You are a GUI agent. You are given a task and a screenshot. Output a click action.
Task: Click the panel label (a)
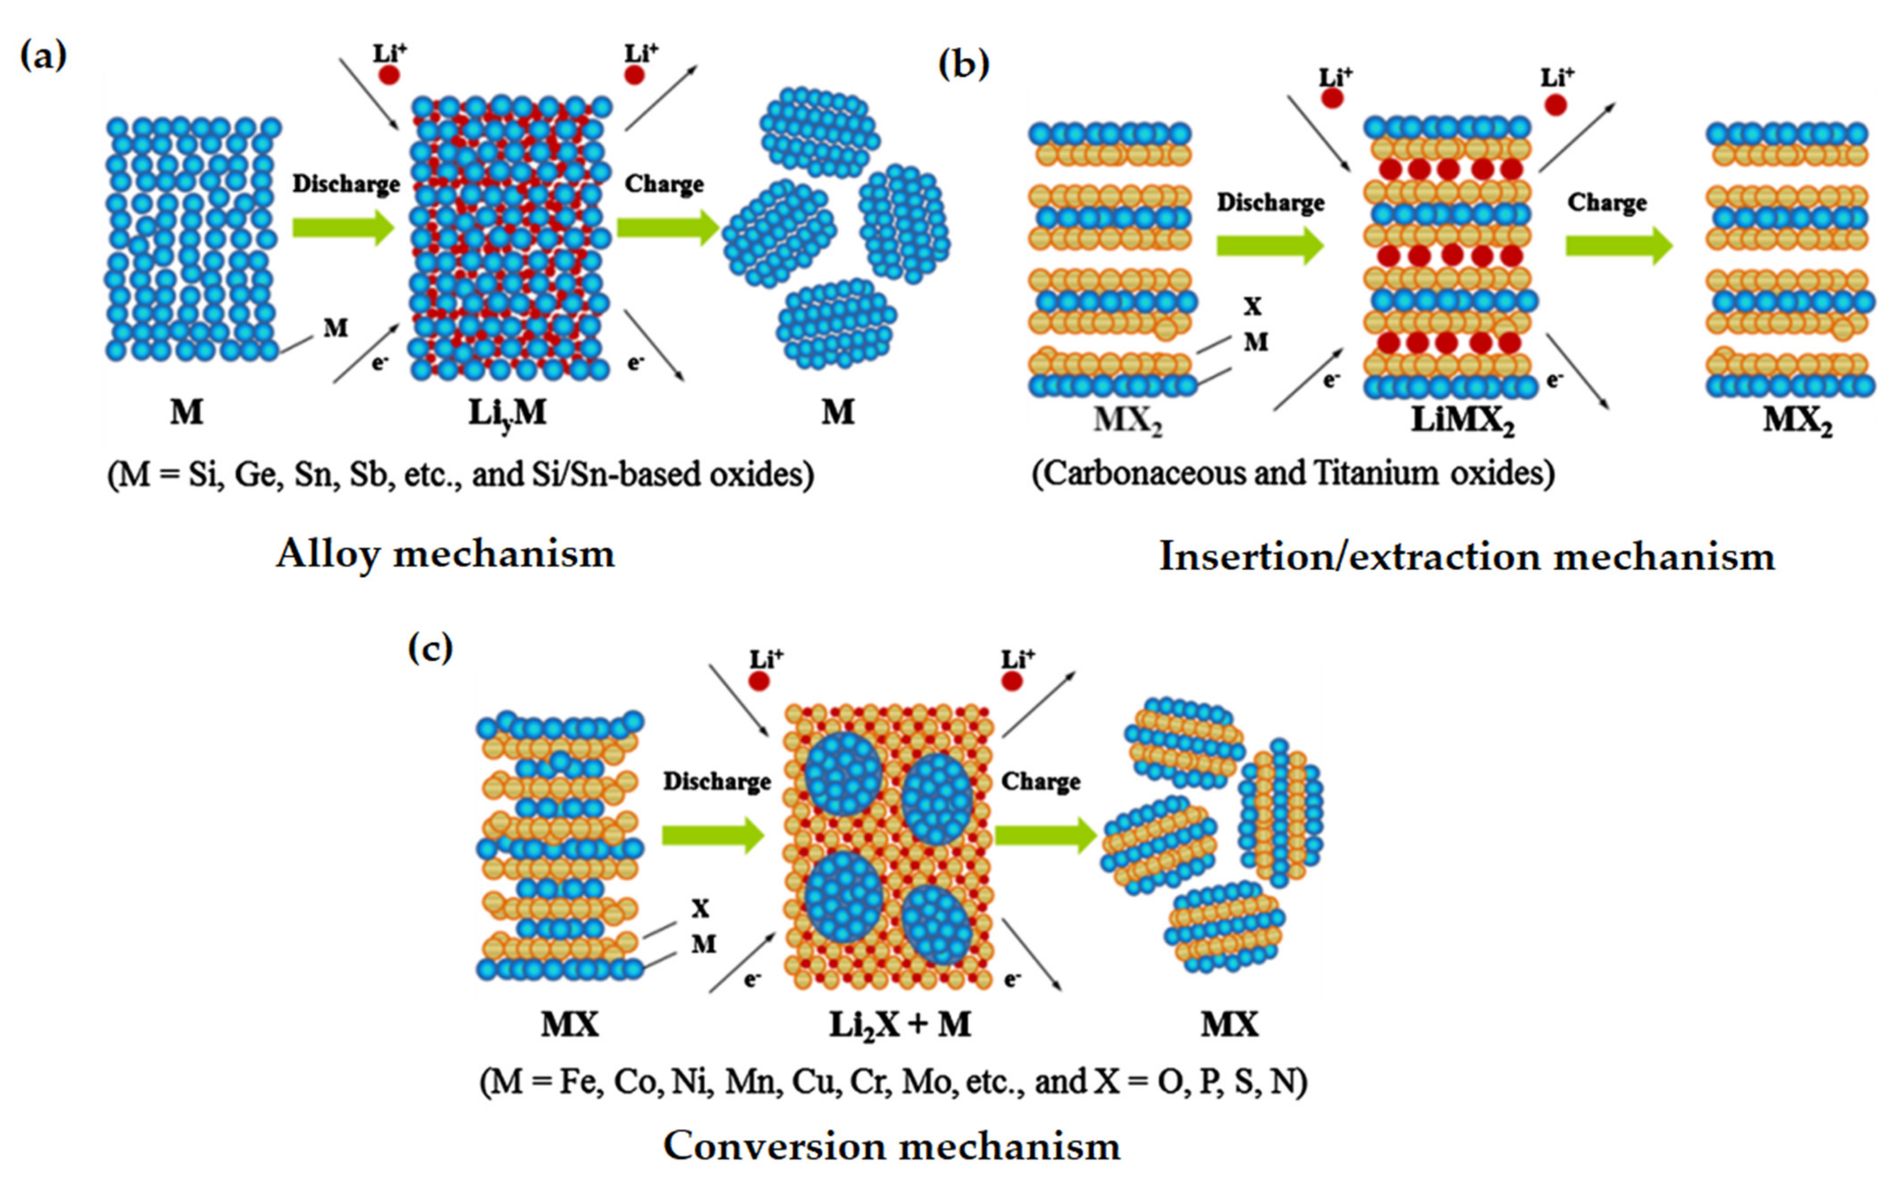coord(44,56)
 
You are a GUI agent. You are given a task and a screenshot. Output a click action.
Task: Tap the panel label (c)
coord(430,648)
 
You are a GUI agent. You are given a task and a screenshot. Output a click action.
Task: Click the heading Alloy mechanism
coord(445,554)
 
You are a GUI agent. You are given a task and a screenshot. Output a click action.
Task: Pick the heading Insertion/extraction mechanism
coord(1466,557)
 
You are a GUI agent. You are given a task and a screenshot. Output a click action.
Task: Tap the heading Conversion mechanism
coord(891,1146)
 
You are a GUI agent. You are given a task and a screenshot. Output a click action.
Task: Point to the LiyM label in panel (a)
coord(507,413)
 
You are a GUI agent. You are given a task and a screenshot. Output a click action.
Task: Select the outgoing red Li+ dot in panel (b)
coord(1555,105)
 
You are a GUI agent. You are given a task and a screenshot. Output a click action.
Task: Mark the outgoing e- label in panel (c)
coord(1012,979)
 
